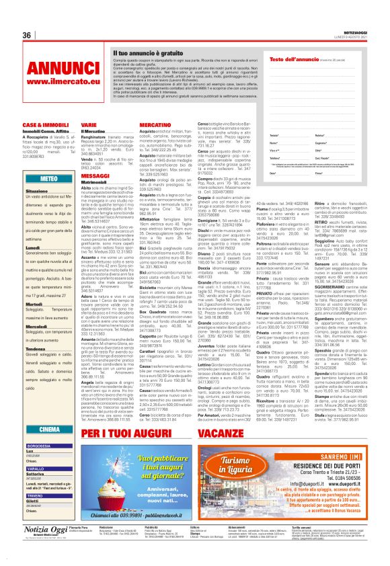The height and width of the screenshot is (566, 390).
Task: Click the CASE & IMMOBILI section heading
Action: pyautogui.click(x=41, y=126)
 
